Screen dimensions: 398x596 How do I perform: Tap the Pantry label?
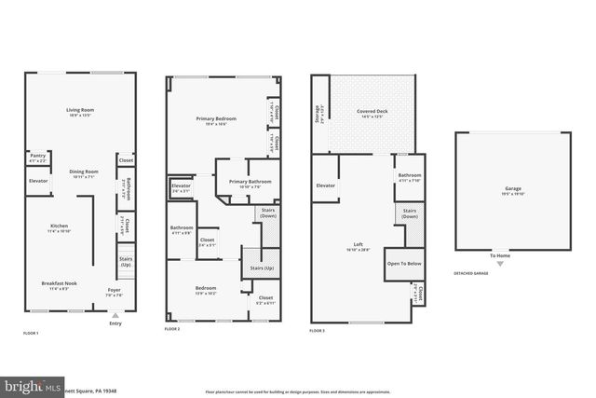(x=38, y=157)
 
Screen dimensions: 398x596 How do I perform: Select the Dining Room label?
(x=84, y=172)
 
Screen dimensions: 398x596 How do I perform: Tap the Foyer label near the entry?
(x=114, y=291)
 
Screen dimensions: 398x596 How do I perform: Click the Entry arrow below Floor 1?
(x=115, y=317)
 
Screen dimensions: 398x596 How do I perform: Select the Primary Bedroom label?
(x=215, y=119)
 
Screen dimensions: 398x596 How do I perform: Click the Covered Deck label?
(x=372, y=113)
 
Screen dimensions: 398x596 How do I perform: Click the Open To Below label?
(x=404, y=264)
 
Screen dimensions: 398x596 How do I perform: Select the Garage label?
(x=513, y=190)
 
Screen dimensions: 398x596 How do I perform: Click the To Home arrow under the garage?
(x=500, y=260)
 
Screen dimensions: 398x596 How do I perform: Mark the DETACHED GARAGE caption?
(x=470, y=274)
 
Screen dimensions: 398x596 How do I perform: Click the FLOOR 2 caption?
(x=172, y=329)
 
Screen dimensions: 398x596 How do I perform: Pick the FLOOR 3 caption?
(x=318, y=329)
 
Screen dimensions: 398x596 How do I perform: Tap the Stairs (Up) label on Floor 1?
(x=126, y=262)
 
